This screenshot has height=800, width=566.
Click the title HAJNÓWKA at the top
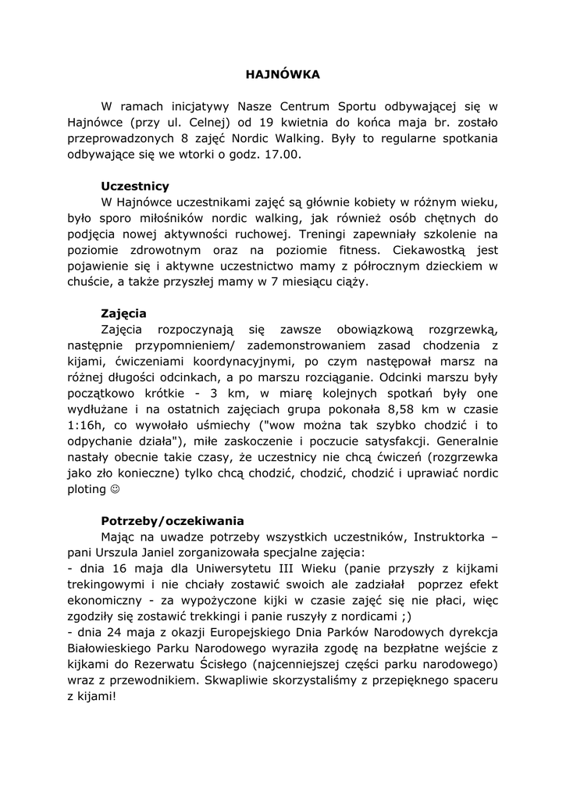point(283,75)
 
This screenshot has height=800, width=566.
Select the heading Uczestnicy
point(135,187)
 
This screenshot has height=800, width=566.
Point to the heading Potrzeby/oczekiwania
point(173,521)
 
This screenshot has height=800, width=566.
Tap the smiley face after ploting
point(116,490)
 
